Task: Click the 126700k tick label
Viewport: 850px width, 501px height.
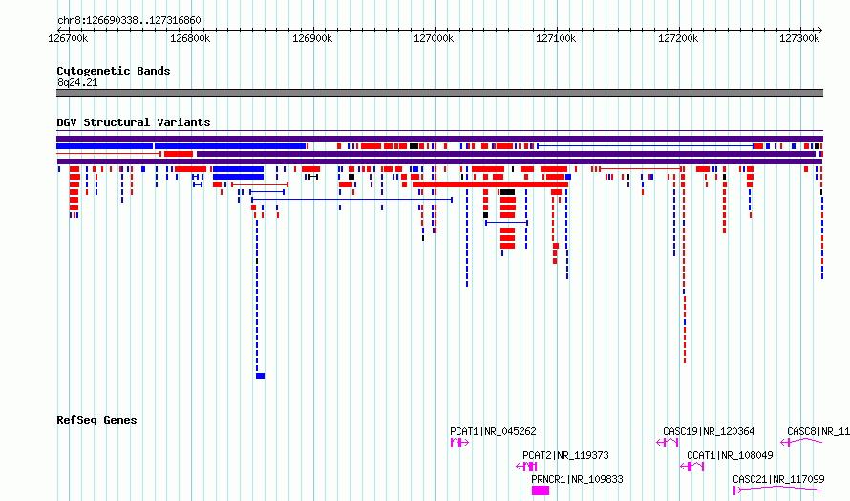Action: click(x=68, y=38)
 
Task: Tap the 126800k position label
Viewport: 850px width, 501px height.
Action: click(x=190, y=38)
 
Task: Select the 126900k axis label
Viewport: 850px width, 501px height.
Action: click(x=312, y=38)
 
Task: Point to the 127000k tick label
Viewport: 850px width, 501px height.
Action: click(x=434, y=38)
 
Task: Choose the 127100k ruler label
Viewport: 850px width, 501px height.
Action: click(x=556, y=38)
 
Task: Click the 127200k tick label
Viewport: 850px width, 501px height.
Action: click(x=678, y=38)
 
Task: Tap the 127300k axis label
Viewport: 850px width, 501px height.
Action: click(x=799, y=38)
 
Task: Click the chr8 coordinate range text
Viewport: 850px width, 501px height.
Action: click(x=129, y=21)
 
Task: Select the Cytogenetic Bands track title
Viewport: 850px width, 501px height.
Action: click(x=114, y=71)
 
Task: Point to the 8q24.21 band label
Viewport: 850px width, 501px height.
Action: click(x=77, y=82)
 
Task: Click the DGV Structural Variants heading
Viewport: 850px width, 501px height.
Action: click(x=134, y=122)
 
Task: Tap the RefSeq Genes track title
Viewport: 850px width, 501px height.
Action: click(x=96, y=420)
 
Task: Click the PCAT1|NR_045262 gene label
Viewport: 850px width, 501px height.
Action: click(x=493, y=431)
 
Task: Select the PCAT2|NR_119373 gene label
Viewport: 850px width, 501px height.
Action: click(x=565, y=455)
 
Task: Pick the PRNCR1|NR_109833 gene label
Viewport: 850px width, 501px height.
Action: click(x=577, y=479)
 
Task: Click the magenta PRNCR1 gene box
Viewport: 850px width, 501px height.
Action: click(x=541, y=490)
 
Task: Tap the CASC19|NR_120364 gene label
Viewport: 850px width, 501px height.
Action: click(x=709, y=431)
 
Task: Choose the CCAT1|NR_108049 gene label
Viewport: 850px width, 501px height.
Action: click(x=730, y=455)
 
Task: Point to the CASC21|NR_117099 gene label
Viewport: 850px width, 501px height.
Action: click(x=778, y=479)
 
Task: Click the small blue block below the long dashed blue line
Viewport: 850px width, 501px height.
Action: click(x=260, y=376)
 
